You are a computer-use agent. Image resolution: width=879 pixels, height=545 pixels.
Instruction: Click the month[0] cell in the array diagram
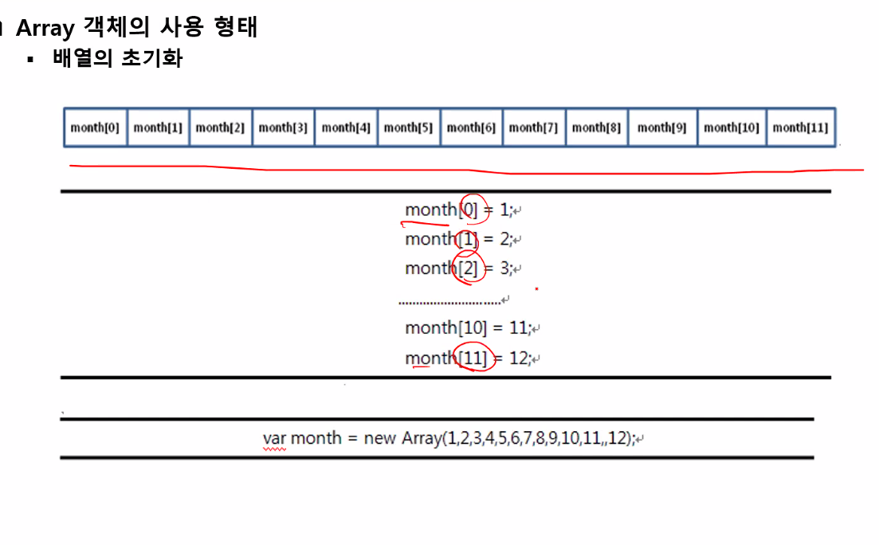coord(95,127)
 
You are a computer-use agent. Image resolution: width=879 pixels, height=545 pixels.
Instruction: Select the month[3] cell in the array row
coord(283,127)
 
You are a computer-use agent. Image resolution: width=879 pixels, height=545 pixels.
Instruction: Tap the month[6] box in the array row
coord(471,127)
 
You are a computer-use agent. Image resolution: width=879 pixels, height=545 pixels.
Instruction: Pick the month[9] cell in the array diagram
coord(661,127)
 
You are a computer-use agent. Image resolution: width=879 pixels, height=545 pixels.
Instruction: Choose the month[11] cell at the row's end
coord(800,127)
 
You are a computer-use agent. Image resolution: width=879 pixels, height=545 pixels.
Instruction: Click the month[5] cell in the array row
coord(408,127)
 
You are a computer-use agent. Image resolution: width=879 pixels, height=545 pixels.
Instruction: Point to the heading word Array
coord(45,28)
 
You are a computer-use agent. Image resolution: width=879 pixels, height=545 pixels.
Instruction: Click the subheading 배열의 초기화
coord(117,58)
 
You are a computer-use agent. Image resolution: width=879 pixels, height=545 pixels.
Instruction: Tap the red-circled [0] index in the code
coord(470,210)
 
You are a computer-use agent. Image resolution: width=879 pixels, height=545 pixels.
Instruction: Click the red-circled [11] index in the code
coord(473,359)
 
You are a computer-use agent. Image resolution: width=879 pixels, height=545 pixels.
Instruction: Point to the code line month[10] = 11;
coord(467,327)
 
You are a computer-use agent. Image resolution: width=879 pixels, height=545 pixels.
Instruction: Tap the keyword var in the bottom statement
coord(274,438)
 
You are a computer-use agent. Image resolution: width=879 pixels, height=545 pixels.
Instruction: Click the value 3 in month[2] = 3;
coord(504,269)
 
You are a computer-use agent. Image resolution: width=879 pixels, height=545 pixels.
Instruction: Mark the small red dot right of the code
coord(537,288)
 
